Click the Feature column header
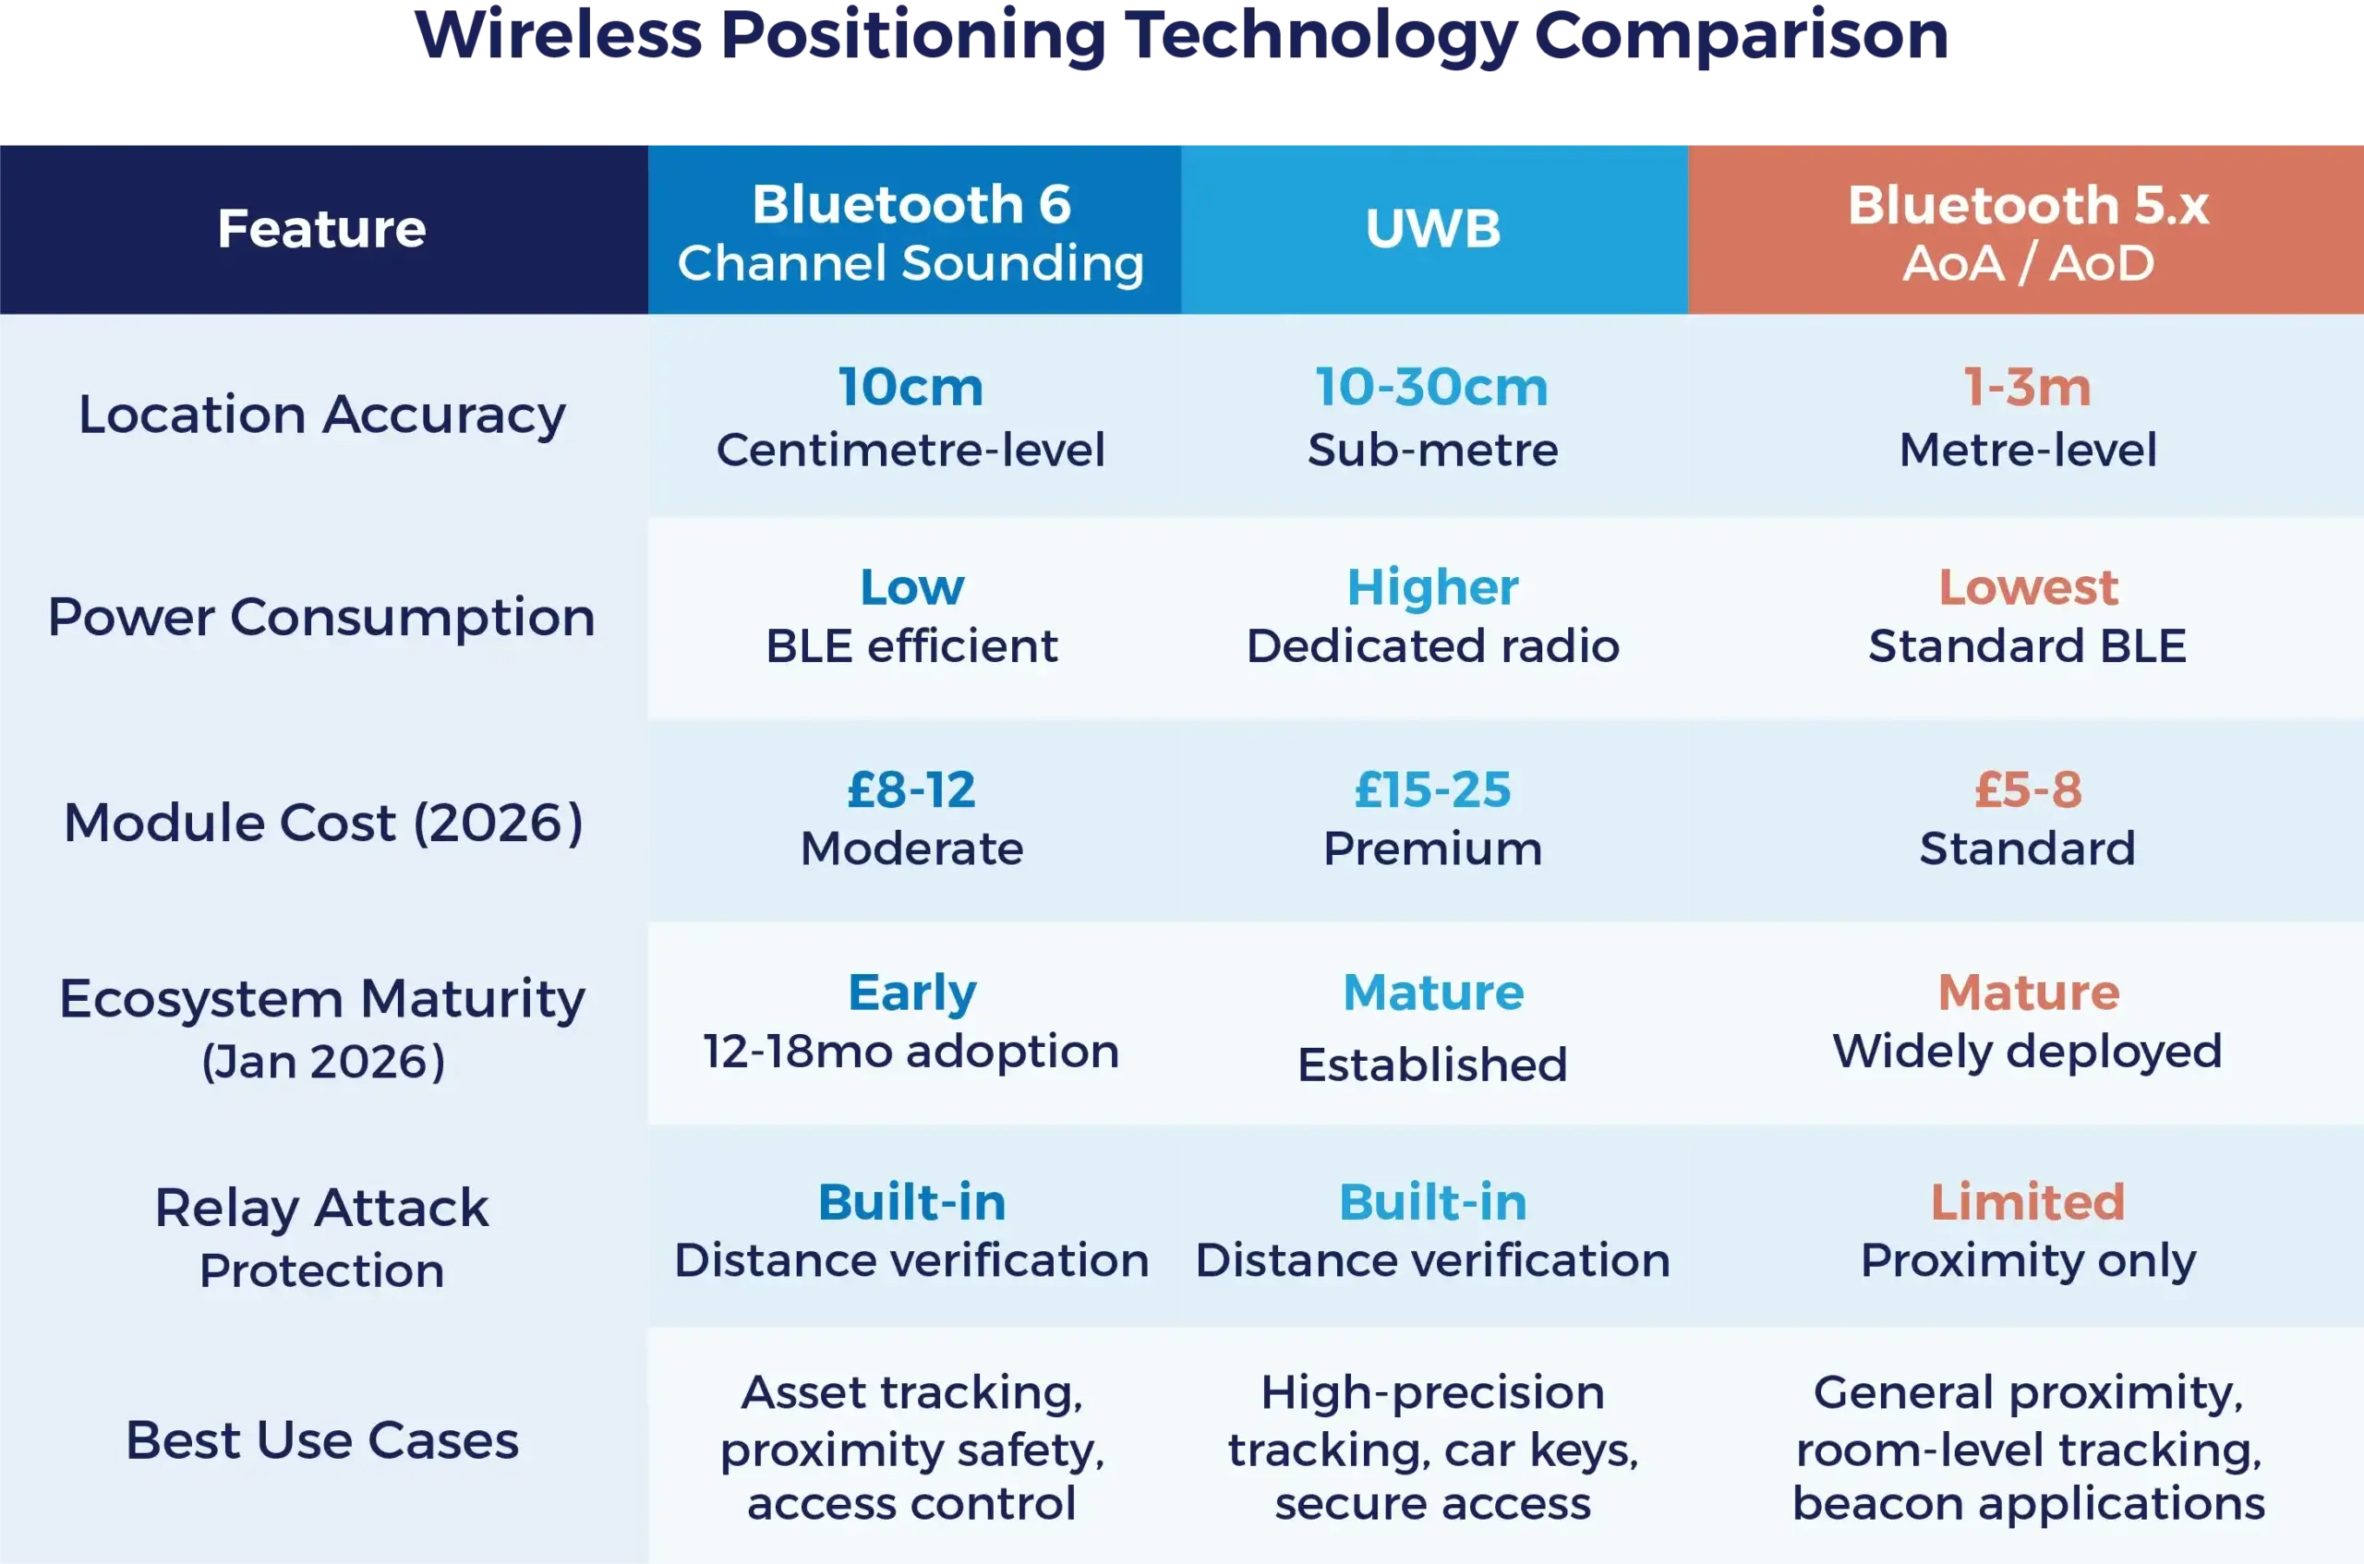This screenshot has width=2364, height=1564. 321,228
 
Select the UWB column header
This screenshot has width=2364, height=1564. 1432,228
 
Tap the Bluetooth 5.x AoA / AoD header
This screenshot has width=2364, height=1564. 2027,234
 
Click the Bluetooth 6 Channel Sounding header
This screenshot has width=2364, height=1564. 911,234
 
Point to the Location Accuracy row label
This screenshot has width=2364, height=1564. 321,414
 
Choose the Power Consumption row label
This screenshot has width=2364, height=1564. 321,617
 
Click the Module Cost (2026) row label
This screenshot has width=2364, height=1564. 323,822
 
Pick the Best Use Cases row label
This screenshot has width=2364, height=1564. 321,1439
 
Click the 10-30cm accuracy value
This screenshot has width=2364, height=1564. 1431,386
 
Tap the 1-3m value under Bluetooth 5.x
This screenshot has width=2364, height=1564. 2027,386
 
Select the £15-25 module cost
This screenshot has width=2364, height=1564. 1432,789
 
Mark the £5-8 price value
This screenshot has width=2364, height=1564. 2028,789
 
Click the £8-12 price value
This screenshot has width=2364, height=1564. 911,789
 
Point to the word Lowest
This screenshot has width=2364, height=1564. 2028,586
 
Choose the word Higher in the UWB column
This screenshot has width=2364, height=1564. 1432,586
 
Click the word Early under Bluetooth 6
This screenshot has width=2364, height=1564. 911,992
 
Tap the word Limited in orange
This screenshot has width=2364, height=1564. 2028,1201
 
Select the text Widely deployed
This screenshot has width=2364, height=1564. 2027,1051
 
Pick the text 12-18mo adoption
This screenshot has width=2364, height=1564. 911,1051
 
